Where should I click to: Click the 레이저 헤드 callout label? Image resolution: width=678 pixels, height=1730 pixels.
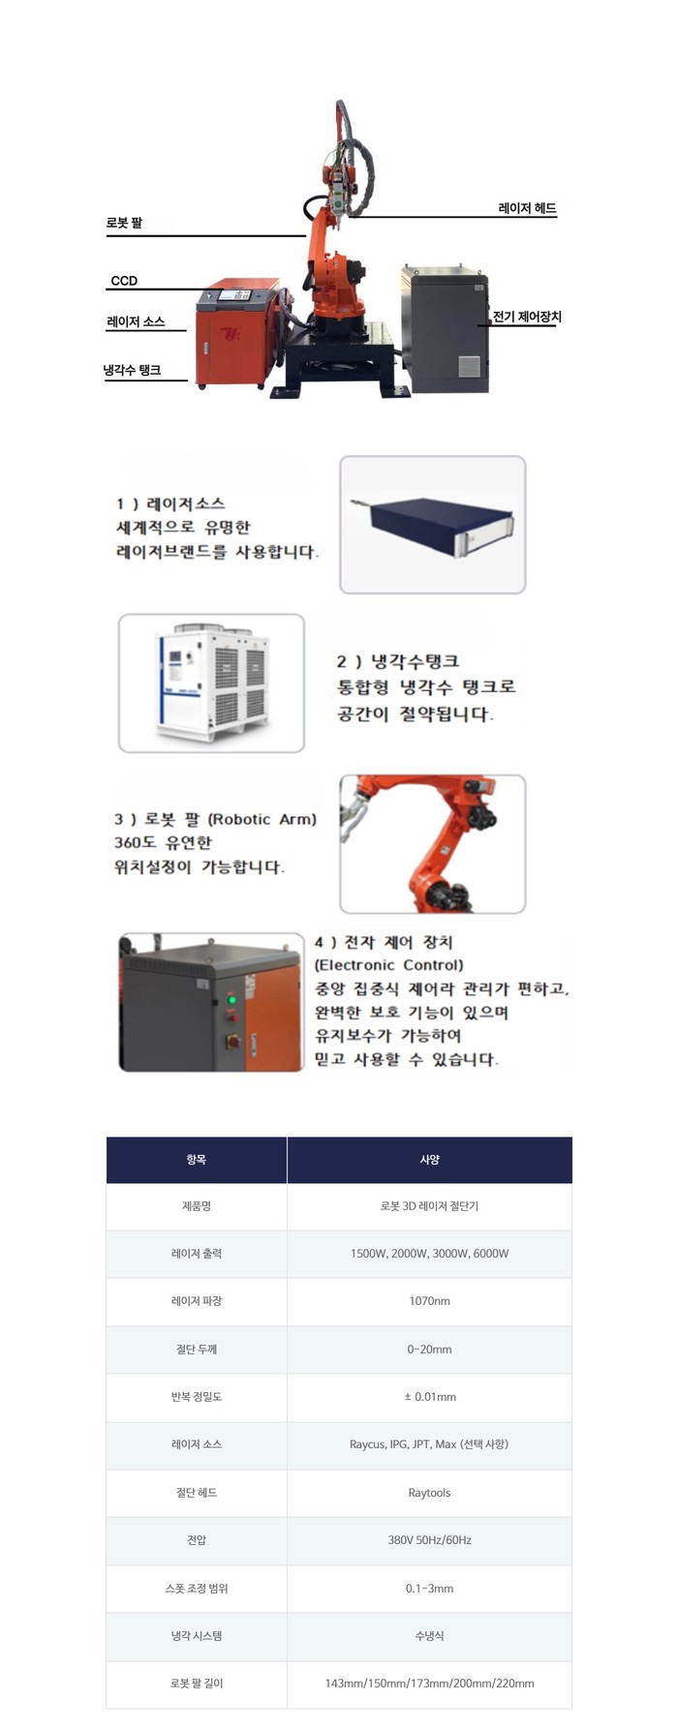click(x=527, y=208)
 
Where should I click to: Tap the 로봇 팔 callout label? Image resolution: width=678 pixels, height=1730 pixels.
click(x=124, y=223)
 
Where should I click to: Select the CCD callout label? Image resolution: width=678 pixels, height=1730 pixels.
click(x=124, y=281)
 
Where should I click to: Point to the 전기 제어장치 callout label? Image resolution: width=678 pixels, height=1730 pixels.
click(x=527, y=317)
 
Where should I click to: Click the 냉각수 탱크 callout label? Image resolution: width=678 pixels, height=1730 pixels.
click(x=133, y=370)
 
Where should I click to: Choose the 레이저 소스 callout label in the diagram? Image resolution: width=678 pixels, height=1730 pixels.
click(x=136, y=321)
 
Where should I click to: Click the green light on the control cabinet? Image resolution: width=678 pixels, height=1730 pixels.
click(x=231, y=998)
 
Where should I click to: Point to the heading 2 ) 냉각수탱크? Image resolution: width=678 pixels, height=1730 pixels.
click(x=397, y=662)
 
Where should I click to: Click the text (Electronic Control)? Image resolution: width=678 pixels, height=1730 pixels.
click(x=388, y=965)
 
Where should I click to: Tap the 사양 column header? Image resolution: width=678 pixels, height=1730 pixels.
click(x=429, y=1160)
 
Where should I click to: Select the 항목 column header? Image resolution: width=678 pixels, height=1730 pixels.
click(x=197, y=1160)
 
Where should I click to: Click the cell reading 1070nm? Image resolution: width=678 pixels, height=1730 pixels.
click(x=429, y=1301)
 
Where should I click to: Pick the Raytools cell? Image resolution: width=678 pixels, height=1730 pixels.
click(x=429, y=1493)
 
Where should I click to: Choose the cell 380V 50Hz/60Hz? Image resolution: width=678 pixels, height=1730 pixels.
click(x=429, y=1540)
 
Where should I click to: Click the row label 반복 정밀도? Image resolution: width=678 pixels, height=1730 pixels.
click(x=197, y=1397)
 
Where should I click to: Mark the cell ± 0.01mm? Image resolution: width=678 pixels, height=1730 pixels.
click(x=429, y=1397)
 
